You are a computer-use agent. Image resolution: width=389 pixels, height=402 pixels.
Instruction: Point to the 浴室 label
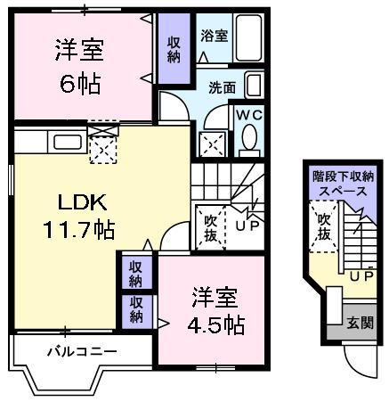tap(214, 37)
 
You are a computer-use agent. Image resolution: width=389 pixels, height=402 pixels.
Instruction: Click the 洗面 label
tap(221, 88)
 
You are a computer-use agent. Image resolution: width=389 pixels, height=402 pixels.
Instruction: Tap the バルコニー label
tap(81, 352)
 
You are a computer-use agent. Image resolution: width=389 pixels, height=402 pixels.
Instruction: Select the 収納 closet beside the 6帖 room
tap(173, 50)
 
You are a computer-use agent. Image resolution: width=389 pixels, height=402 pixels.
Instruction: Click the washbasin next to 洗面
tap(254, 86)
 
